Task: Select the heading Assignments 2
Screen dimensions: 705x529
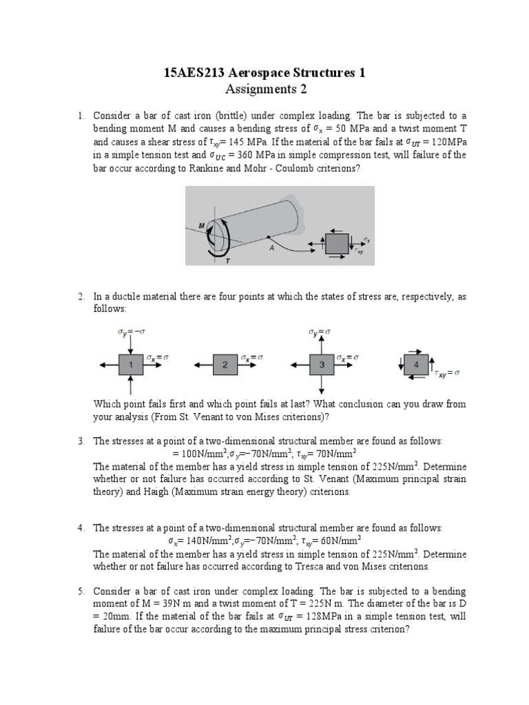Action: tap(265, 89)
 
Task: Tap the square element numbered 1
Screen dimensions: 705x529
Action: tap(131, 366)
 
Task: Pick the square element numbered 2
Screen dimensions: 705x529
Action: tap(225, 366)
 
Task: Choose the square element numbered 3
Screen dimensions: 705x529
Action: tap(322, 366)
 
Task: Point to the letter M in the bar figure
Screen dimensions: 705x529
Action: tap(201, 225)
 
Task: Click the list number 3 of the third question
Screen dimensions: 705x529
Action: tap(80, 441)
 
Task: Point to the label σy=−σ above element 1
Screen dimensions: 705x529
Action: tap(131, 332)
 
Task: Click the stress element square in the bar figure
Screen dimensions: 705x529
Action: tap(336, 245)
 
